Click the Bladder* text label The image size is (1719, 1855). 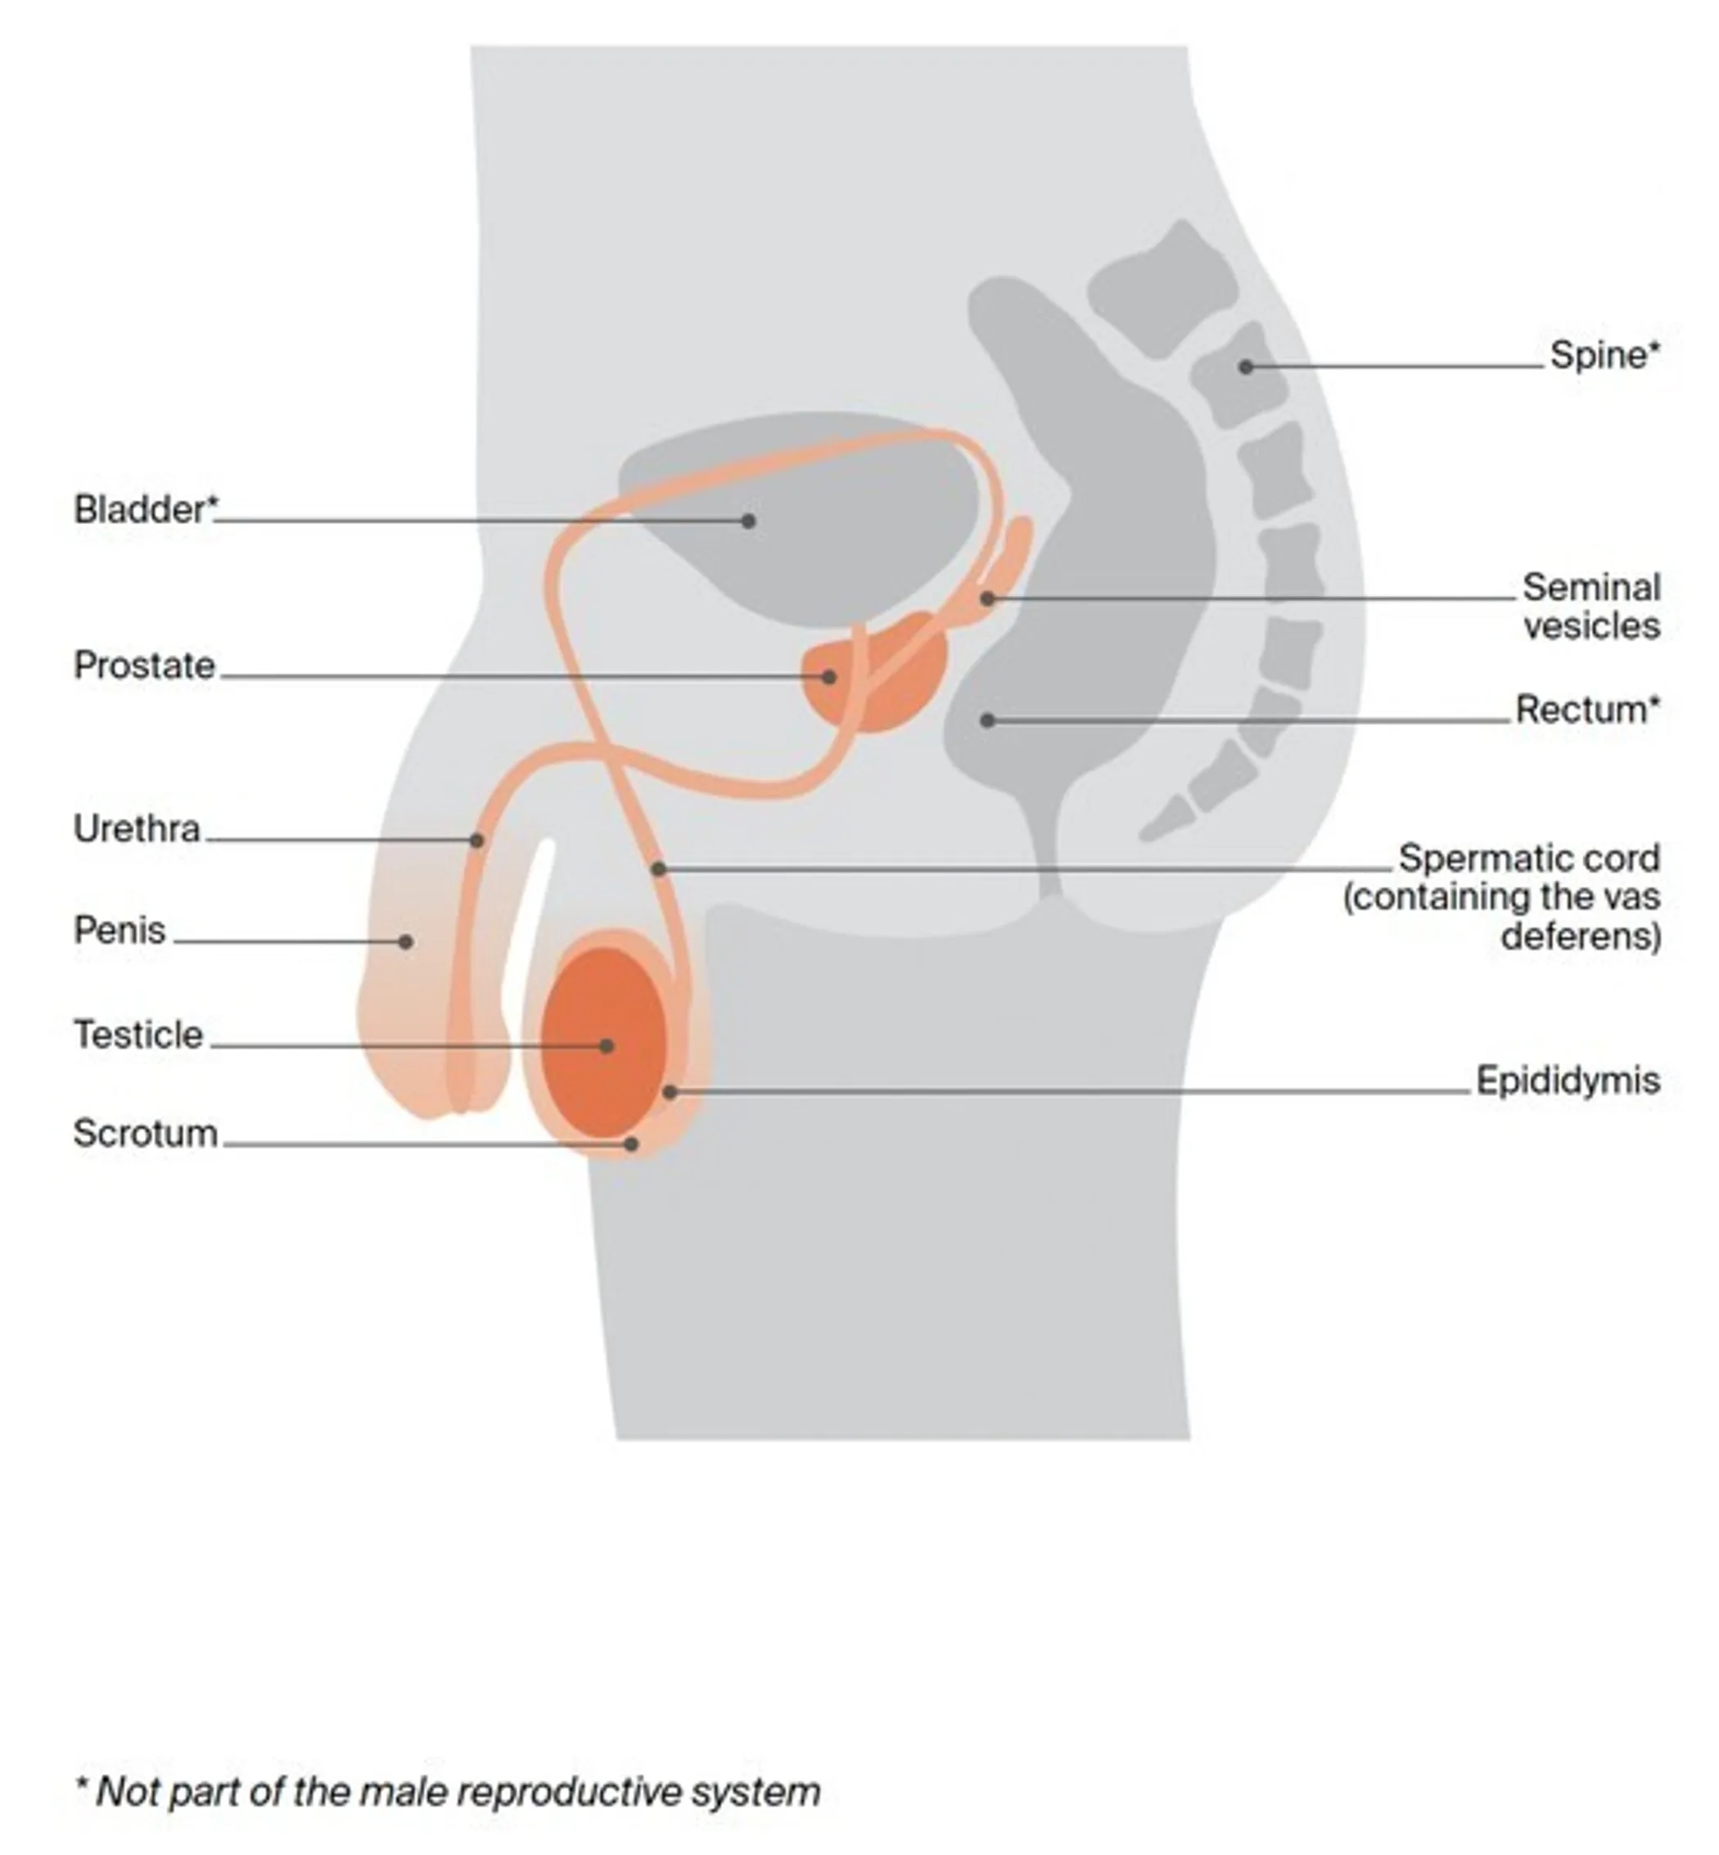pyautogui.click(x=146, y=510)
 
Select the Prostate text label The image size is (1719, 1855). pyautogui.click(x=144, y=666)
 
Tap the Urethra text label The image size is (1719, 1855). pyautogui.click(x=137, y=829)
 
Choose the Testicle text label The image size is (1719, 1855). pyautogui.click(x=138, y=1036)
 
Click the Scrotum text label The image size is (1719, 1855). pyautogui.click(x=145, y=1134)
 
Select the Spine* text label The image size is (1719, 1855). pyautogui.click(x=1604, y=355)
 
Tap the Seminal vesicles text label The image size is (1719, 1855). pyautogui.click(x=1590, y=607)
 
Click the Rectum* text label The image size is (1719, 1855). pyautogui.click(x=1587, y=710)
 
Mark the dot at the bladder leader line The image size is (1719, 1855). pyautogui.click(x=748, y=521)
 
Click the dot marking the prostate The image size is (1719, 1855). pyautogui.click(x=828, y=677)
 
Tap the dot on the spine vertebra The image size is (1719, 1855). pyautogui.click(x=1246, y=367)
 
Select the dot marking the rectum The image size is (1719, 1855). pyautogui.click(x=988, y=720)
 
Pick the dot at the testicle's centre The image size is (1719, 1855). pyautogui.click(x=607, y=1046)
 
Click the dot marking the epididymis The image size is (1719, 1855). pyautogui.click(x=670, y=1091)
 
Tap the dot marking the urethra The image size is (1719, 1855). pyautogui.click(x=477, y=840)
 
